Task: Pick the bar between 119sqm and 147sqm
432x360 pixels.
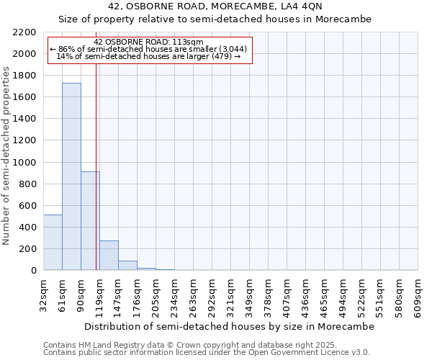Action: tap(109, 256)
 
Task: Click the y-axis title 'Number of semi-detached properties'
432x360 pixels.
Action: tap(6, 156)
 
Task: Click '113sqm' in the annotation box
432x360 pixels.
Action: tap(191, 42)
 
